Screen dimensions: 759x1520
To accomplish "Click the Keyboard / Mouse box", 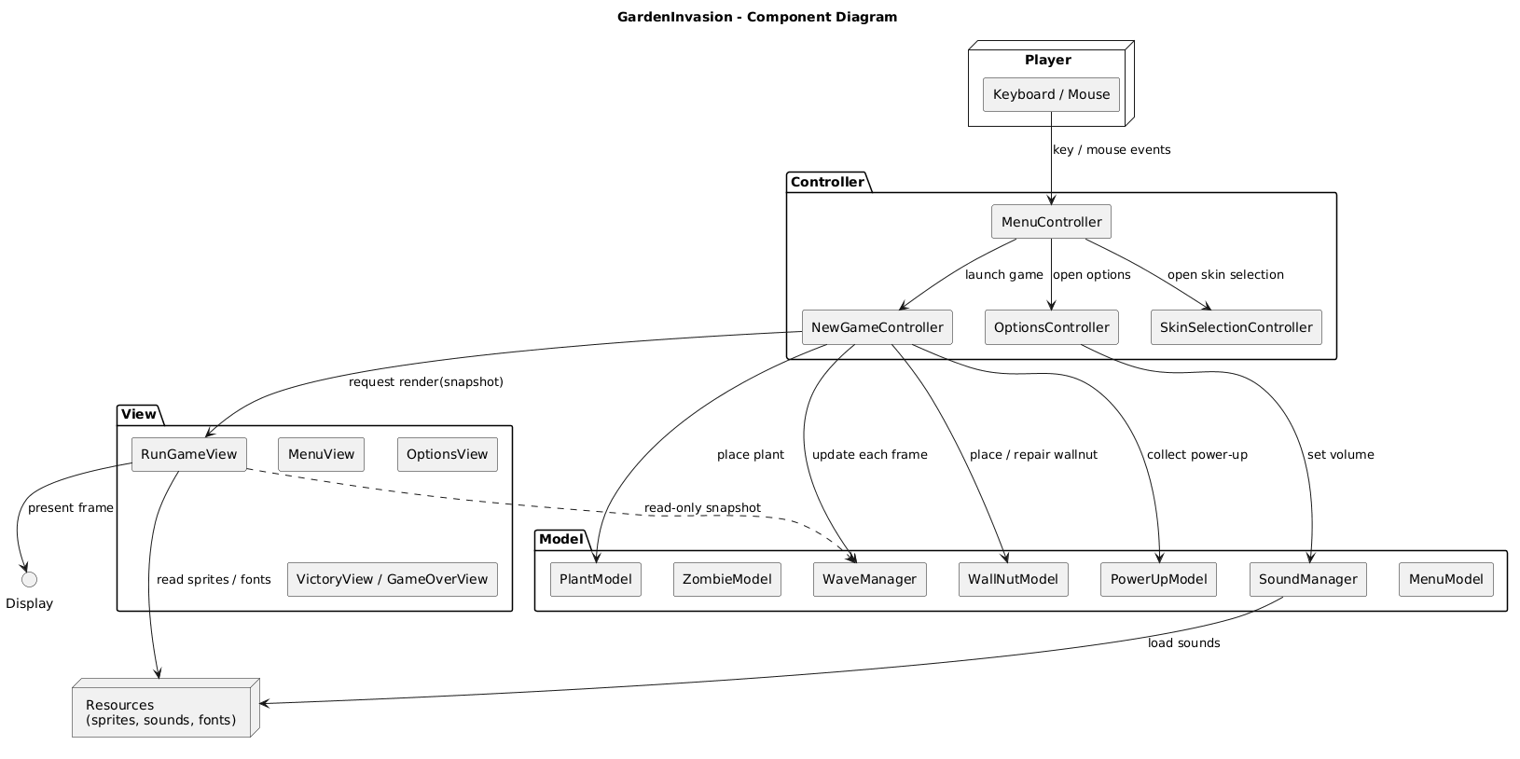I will [x=1051, y=94].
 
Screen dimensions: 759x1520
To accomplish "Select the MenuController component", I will [x=1051, y=222].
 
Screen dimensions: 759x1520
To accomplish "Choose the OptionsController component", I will [x=1051, y=327].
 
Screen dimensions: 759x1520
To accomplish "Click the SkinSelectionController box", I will [x=1236, y=327].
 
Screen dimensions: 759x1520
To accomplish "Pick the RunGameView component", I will [x=188, y=454].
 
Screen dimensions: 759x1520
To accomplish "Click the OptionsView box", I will [x=447, y=454].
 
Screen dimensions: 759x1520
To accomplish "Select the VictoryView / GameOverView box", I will [x=392, y=579].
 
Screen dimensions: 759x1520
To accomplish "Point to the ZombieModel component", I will [x=726, y=579].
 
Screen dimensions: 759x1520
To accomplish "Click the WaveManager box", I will [x=870, y=579].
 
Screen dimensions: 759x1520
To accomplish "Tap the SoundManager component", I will [x=1307, y=579].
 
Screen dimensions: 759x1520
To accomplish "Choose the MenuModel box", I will [x=1445, y=579].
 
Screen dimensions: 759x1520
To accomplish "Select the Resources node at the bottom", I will [x=161, y=711].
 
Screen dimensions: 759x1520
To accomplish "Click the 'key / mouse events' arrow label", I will [x=1111, y=150].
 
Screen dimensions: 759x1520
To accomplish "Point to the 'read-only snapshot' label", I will [x=701, y=507].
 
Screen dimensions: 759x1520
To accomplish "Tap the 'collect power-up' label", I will [x=1196, y=454].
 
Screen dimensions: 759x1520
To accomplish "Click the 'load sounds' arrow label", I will [x=1183, y=642].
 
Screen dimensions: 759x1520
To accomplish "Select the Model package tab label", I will [x=560, y=539].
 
